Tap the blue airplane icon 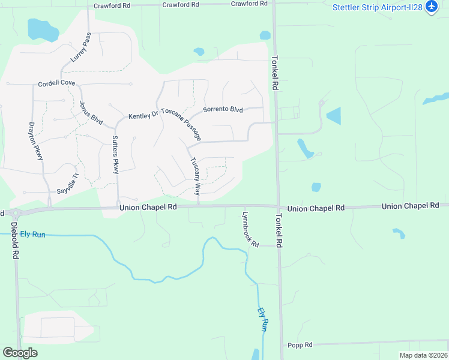pyautogui.click(x=431, y=7)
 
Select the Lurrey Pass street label pyautogui.click(x=80, y=48)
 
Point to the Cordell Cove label pyautogui.click(x=56, y=84)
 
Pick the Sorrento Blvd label pyautogui.click(x=223, y=110)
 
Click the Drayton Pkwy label pyautogui.click(x=36, y=141)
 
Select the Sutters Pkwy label pyautogui.click(x=116, y=155)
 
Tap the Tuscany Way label pyautogui.click(x=195, y=176)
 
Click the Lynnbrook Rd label pyautogui.click(x=250, y=229)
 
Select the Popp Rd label pyautogui.click(x=300, y=345)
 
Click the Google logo pyautogui.click(x=20, y=353)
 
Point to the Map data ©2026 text pyautogui.click(x=423, y=355)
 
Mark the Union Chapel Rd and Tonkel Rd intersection pyautogui.click(x=278, y=207)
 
